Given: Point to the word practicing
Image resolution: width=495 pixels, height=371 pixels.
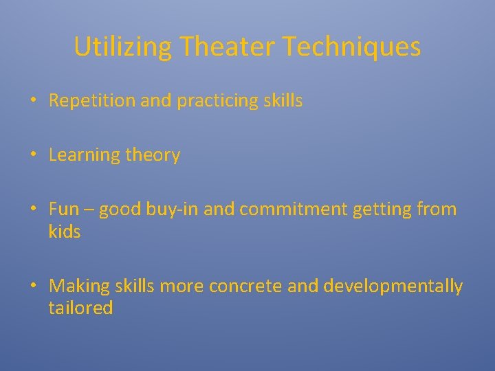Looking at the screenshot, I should tap(218, 101).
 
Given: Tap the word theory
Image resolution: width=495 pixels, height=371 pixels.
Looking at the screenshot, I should tap(153, 155).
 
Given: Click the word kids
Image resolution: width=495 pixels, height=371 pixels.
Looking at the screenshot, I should tap(65, 232).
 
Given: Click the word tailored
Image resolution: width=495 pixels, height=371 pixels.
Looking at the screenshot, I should tap(80, 308).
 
